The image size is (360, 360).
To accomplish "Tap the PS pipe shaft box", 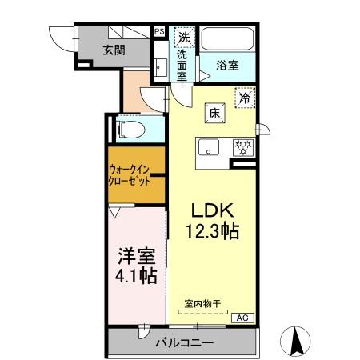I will coord(159,32).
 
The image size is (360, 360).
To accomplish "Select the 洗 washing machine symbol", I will coord(183,36).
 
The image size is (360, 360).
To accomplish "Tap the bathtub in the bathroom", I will coord(227,38).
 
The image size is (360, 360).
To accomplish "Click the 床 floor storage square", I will coord(214,113).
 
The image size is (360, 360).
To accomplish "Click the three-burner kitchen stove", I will coord(242,146).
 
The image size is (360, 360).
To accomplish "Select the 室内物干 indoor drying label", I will coord(202,303).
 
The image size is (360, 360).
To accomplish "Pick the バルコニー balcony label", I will coord(184,343).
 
